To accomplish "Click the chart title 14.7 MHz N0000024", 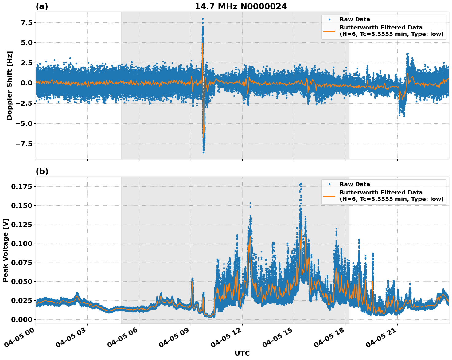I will (241, 6).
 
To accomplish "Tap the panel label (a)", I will (42, 6).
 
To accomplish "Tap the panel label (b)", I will (42, 171).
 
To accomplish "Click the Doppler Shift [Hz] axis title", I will (9, 85).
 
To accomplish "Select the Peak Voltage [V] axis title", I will (5, 250).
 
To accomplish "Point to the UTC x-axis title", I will (242, 353).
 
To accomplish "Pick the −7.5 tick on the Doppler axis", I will (24, 144).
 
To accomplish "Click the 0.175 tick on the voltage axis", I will (21, 187).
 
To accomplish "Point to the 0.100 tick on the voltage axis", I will (21, 244).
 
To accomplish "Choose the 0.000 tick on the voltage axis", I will (21, 319).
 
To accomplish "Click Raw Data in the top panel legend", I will (355, 20).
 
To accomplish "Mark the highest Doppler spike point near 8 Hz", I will (203, 18).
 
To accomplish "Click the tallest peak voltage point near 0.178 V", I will (301, 184).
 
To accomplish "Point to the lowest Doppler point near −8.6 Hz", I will (203, 152).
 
